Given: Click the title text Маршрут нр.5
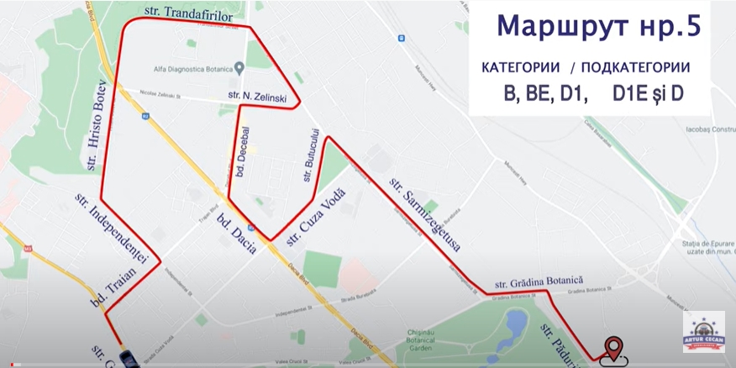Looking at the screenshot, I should point(597,26).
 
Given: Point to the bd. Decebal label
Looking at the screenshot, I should point(243,152).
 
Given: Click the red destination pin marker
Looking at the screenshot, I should point(614,347).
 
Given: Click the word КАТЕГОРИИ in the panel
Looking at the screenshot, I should point(520,67).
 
